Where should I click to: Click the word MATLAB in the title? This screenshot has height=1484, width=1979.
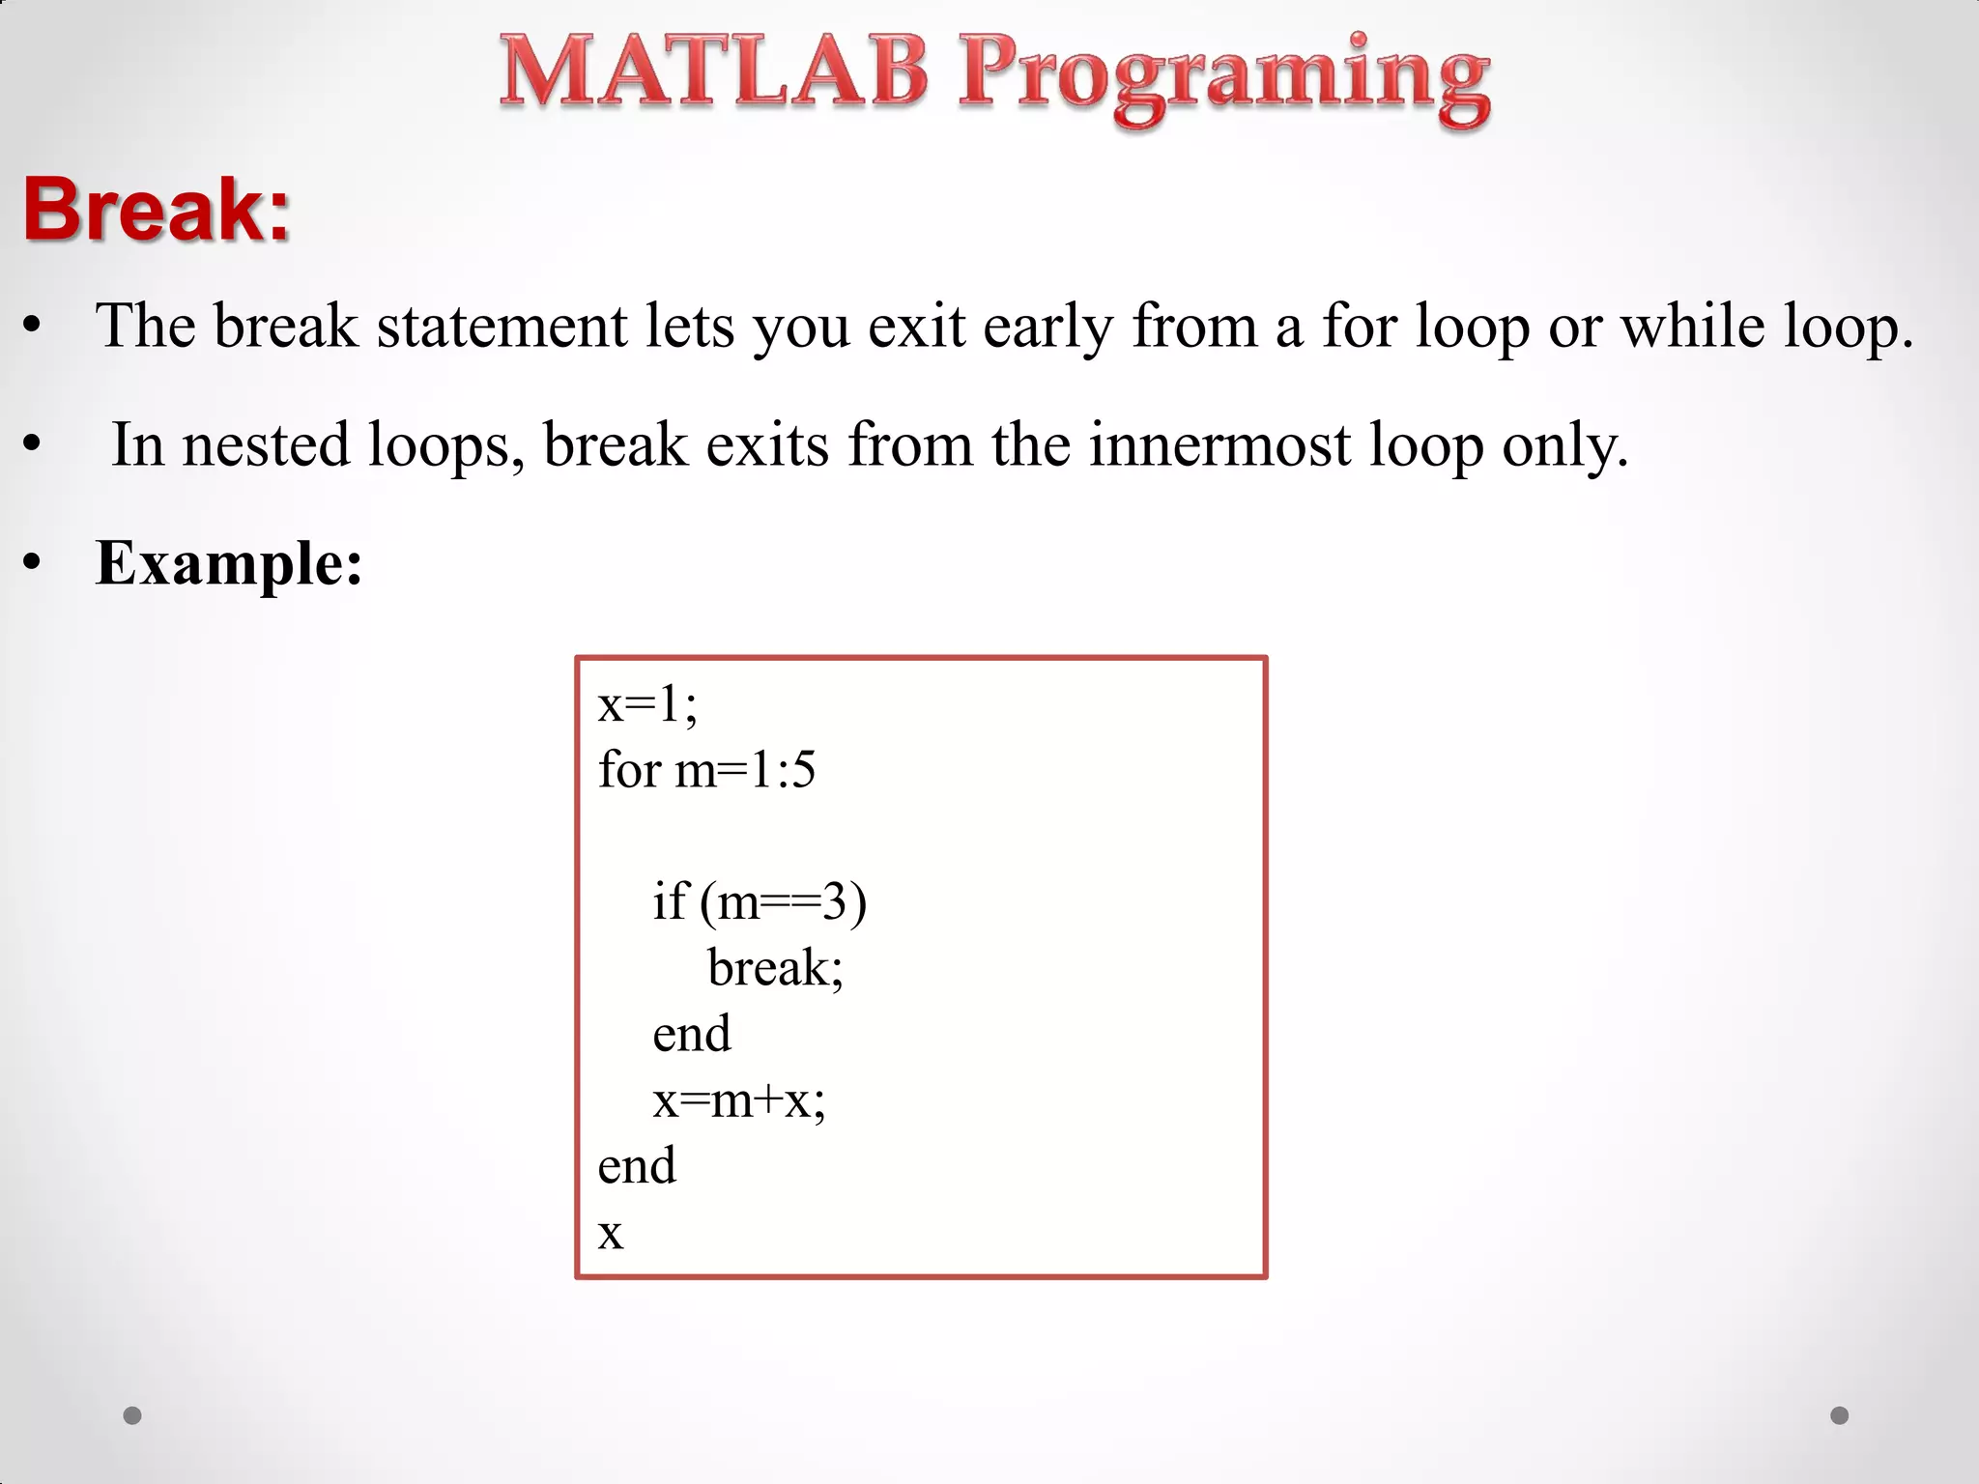pyautogui.click(x=713, y=72)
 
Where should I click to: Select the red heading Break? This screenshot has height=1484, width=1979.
pyautogui.click(x=157, y=210)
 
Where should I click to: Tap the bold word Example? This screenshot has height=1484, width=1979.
pyautogui.click(x=229, y=563)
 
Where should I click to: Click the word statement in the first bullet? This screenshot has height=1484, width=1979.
pyautogui.click(x=502, y=326)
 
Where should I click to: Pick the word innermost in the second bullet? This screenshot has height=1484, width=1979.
pyautogui.click(x=1219, y=445)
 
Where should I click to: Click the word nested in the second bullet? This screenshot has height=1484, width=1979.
pyautogui.click(x=266, y=445)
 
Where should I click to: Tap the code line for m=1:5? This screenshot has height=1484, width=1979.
pyautogui.click(x=706, y=770)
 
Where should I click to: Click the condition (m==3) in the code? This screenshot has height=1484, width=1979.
pyautogui.click(x=784, y=902)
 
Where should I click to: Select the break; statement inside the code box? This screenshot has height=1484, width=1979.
pyautogui.click(x=775, y=968)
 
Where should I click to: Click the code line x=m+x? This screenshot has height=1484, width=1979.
pyautogui.click(x=739, y=1100)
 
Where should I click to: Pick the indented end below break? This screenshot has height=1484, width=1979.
pyautogui.click(x=691, y=1034)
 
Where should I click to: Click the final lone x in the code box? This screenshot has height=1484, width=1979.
pyautogui.click(x=611, y=1234)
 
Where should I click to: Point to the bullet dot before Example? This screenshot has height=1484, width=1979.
pyautogui.click(x=33, y=562)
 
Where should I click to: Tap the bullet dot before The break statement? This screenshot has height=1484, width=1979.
pyautogui.click(x=33, y=327)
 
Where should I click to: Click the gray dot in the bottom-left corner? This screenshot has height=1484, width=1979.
pyautogui.click(x=132, y=1415)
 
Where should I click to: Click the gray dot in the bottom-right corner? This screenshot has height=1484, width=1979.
pyautogui.click(x=1840, y=1415)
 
